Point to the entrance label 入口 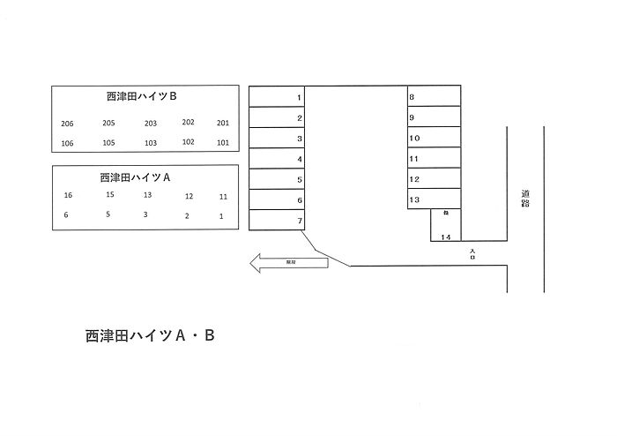pyautogui.click(x=473, y=253)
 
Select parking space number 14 pyautogui.click(x=446, y=237)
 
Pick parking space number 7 pyautogui.click(x=277, y=221)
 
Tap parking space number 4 pyautogui.click(x=277, y=159)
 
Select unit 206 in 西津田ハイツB pyautogui.click(x=68, y=124)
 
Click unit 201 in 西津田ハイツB pyautogui.click(x=222, y=124)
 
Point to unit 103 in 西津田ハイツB pyautogui.click(x=151, y=143)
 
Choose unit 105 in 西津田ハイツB pyautogui.click(x=108, y=143)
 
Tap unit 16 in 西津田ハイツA pyautogui.click(x=68, y=195)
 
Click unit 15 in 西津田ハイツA pyautogui.click(x=109, y=194)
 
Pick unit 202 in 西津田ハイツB pyautogui.click(x=188, y=123)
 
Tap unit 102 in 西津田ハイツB pyautogui.click(x=188, y=142)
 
